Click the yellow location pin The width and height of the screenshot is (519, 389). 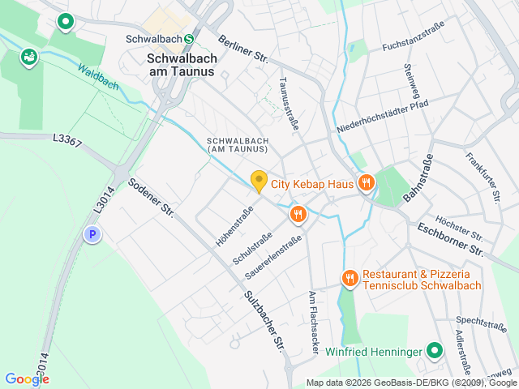point(259,182)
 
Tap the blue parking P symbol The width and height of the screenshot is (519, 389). point(93,235)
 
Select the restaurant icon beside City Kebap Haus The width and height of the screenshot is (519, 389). point(366,184)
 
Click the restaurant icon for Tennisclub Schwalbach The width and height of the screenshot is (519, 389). point(350,279)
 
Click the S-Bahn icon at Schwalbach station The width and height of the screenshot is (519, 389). point(189,38)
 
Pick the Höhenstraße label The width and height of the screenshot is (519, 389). point(234,226)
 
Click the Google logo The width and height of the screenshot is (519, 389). point(27,379)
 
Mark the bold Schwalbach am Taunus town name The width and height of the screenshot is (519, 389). point(182,65)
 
